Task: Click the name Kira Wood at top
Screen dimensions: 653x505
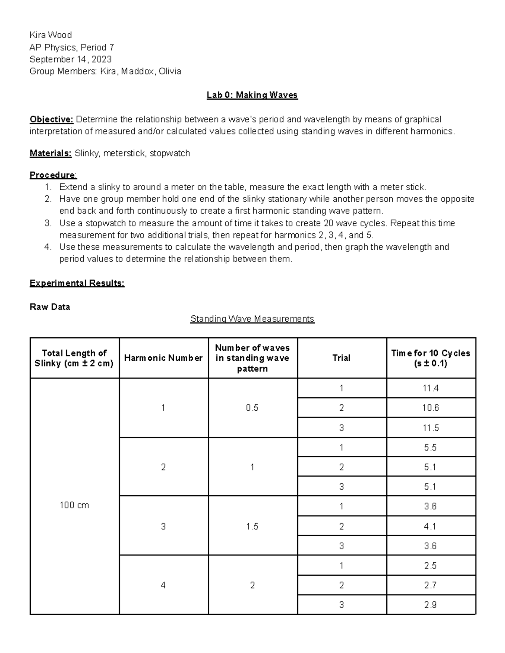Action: pyautogui.click(x=50, y=35)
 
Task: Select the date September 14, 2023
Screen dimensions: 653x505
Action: pyautogui.click(x=70, y=59)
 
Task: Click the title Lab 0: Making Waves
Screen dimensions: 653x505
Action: pyautogui.click(x=252, y=95)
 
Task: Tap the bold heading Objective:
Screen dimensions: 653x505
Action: pyautogui.click(x=51, y=119)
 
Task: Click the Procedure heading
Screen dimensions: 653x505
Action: pyautogui.click(x=53, y=175)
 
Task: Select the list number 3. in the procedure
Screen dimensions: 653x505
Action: pyautogui.click(x=48, y=223)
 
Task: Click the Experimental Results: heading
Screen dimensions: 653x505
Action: pyautogui.click(x=77, y=283)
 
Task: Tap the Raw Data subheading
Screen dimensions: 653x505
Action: pyautogui.click(x=50, y=307)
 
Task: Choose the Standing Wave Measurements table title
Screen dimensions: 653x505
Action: pyautogui.click(x=252, y=319)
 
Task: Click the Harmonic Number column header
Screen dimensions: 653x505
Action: pyautogui.click(x=163, y=358)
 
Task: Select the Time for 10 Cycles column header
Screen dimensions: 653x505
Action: pyautogui.click(x=431, y=358)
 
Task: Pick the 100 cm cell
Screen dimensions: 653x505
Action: pyautogui.click(x=74, y=505)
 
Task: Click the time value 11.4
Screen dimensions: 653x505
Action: pyautogui.click(x=431, y=388)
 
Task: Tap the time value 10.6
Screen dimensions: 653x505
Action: pyautogui.click(x=431, y=408)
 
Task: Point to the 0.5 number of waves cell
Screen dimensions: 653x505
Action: pyautogui.click(x=252, y=408)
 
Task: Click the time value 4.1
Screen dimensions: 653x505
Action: pyautogui.click(x=431, y=526)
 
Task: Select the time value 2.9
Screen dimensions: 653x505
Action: pyautogui.click(x=431, y=605)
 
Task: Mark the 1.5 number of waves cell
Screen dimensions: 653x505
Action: pyautogui.click(x=252, y=526)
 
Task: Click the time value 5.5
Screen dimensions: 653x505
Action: pyautogui.click(x=431, y=447)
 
